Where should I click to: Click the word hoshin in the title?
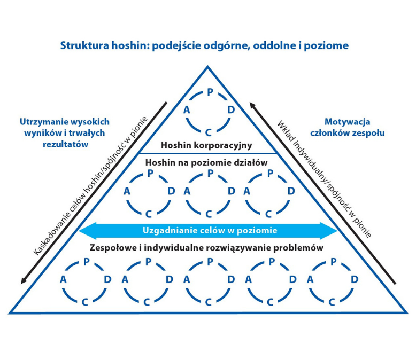(x=131, y=45)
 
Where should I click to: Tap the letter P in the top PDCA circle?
(x=210, y=92)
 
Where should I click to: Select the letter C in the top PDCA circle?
(x=209, y=132)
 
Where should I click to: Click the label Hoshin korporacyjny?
(x=206, y=145)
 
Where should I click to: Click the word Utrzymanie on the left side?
(x=42, y=122)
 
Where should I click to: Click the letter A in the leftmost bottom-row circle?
(x=63, y=279)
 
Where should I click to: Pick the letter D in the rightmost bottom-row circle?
(x=353, y=279)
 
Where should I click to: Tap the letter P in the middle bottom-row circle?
(x=210, y=262)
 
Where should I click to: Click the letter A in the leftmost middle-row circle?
(x=127, y=191)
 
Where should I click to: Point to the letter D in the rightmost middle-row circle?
(x=291, y=191)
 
